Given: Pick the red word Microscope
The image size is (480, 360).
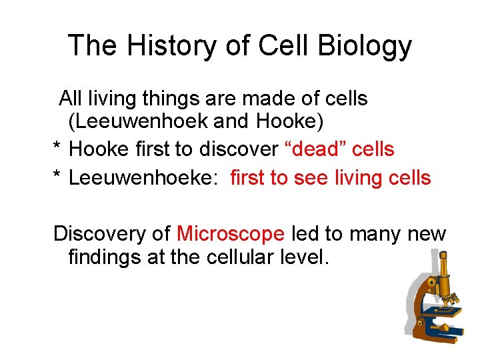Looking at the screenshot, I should (231, 234).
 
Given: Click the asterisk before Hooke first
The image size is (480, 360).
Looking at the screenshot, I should (57, 149).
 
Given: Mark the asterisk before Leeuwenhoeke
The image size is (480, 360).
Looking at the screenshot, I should (57, 178).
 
